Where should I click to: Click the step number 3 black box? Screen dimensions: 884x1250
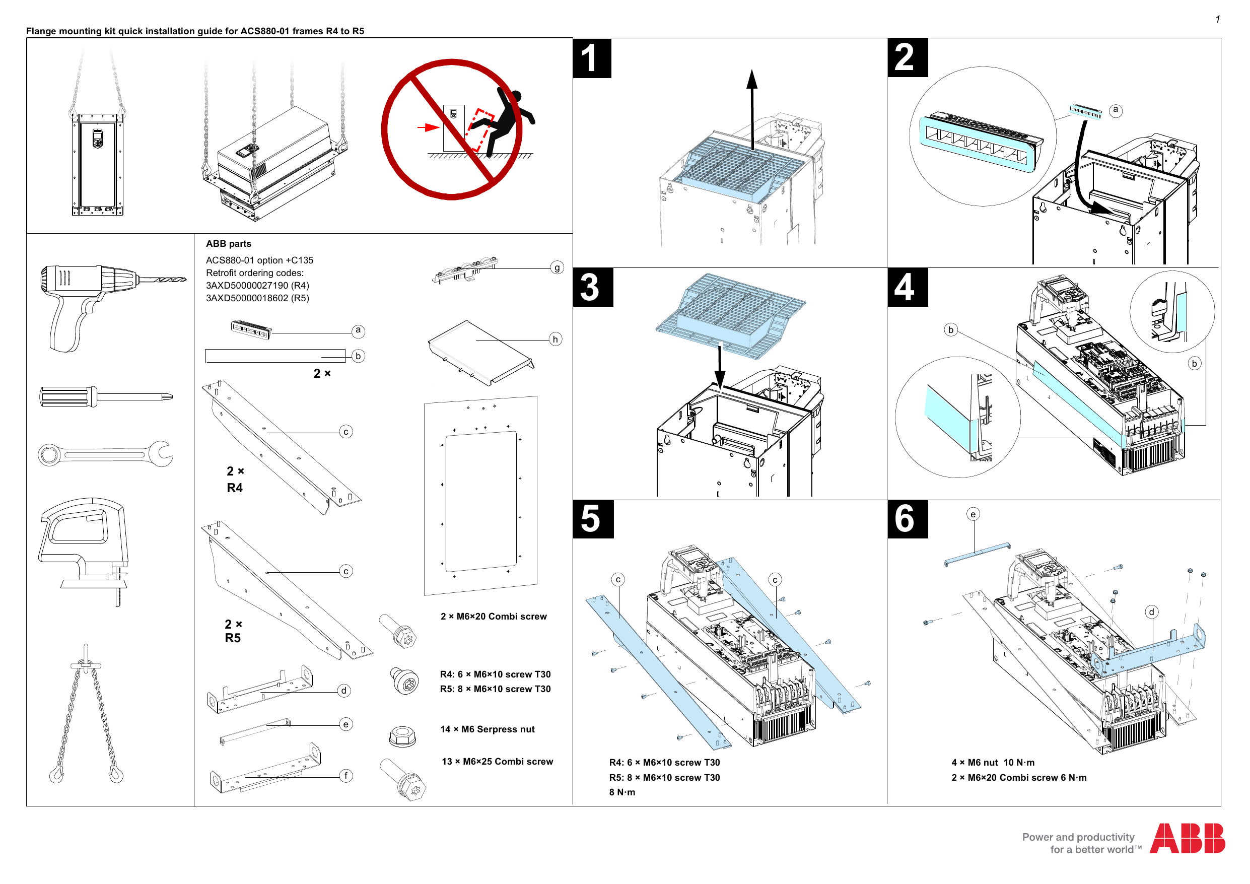[x=592, y=287]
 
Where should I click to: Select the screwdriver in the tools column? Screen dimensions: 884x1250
[x=106, y=396]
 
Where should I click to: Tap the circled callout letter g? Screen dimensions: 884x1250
[x=557, y=267]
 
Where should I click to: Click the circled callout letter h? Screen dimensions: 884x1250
[x=555, y=339]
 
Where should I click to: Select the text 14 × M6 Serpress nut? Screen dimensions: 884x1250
[x=488, y=729]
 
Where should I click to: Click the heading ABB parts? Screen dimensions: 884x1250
[x=228, y=243]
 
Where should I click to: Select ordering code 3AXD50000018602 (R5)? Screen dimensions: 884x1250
[x=257, y=298]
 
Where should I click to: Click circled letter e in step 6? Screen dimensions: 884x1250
[x=973, y=514]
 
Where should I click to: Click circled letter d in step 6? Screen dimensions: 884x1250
[x=1151, y=611]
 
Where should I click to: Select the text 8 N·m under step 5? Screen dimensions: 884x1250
[x=622, y=792]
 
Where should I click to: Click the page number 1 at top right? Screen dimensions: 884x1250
[x=1217, y=20]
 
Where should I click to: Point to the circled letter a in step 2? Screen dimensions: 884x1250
[x=1116, y=110]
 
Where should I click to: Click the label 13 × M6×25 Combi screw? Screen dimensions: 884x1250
[x=497, y=762]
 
